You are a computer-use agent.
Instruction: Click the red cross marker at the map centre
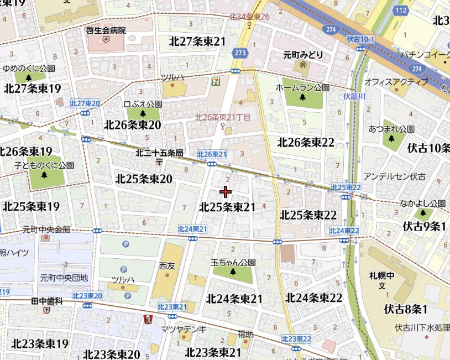(226, 192)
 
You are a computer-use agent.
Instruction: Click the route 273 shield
(239, 53)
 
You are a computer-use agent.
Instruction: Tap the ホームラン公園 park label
(302, 88)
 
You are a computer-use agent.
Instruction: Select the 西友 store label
(166, 265)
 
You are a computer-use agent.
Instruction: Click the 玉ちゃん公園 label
(233, 262)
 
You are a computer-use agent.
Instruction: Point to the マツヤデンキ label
(184, 329)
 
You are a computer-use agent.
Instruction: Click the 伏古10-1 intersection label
(360, 40)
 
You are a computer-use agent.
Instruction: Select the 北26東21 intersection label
(212, 154)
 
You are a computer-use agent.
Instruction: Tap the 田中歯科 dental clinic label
(46, 301)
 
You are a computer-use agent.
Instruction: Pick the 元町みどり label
(303, 56)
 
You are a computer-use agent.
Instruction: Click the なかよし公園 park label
(423, 203)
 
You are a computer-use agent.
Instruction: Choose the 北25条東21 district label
(227, 207)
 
